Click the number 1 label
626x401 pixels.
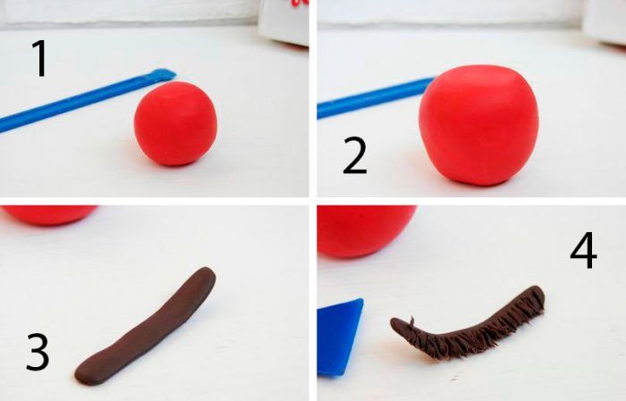tap(40, 59)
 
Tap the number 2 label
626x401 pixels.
tap(354, 155)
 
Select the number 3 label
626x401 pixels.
tap(38, 352)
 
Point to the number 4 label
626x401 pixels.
tap(583, 250)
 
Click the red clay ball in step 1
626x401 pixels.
tap(175, 123)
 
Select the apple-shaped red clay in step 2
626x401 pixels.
tap(478, 125)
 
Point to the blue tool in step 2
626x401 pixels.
tap(376, 97)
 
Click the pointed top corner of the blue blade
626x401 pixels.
tap(361, 300)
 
